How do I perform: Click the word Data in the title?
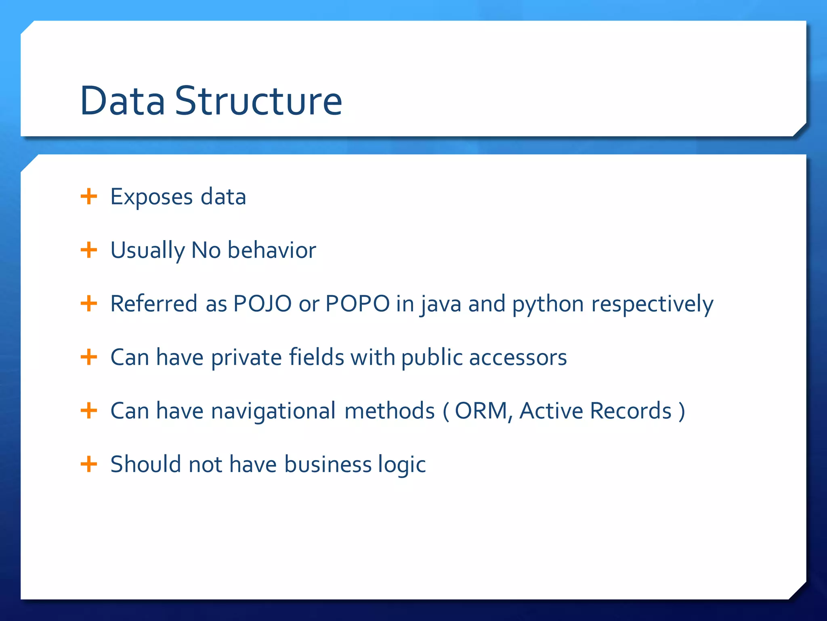click(x=122, y=101)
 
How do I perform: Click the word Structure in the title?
click(x=258, y=101)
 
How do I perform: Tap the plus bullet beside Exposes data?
click(x=89, y=197)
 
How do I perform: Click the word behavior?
click(x=272, y=250)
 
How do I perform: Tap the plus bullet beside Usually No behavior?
click(x=89, y=250)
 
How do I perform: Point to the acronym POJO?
click(x=262, y=304)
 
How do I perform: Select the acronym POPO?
click(x=357, y=304)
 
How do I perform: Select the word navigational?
click(x=273, y=411)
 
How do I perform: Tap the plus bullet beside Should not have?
click(x=89, y=464)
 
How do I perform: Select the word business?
click(x=327, y=465)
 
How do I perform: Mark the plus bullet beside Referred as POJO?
click(x=89, y=304)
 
